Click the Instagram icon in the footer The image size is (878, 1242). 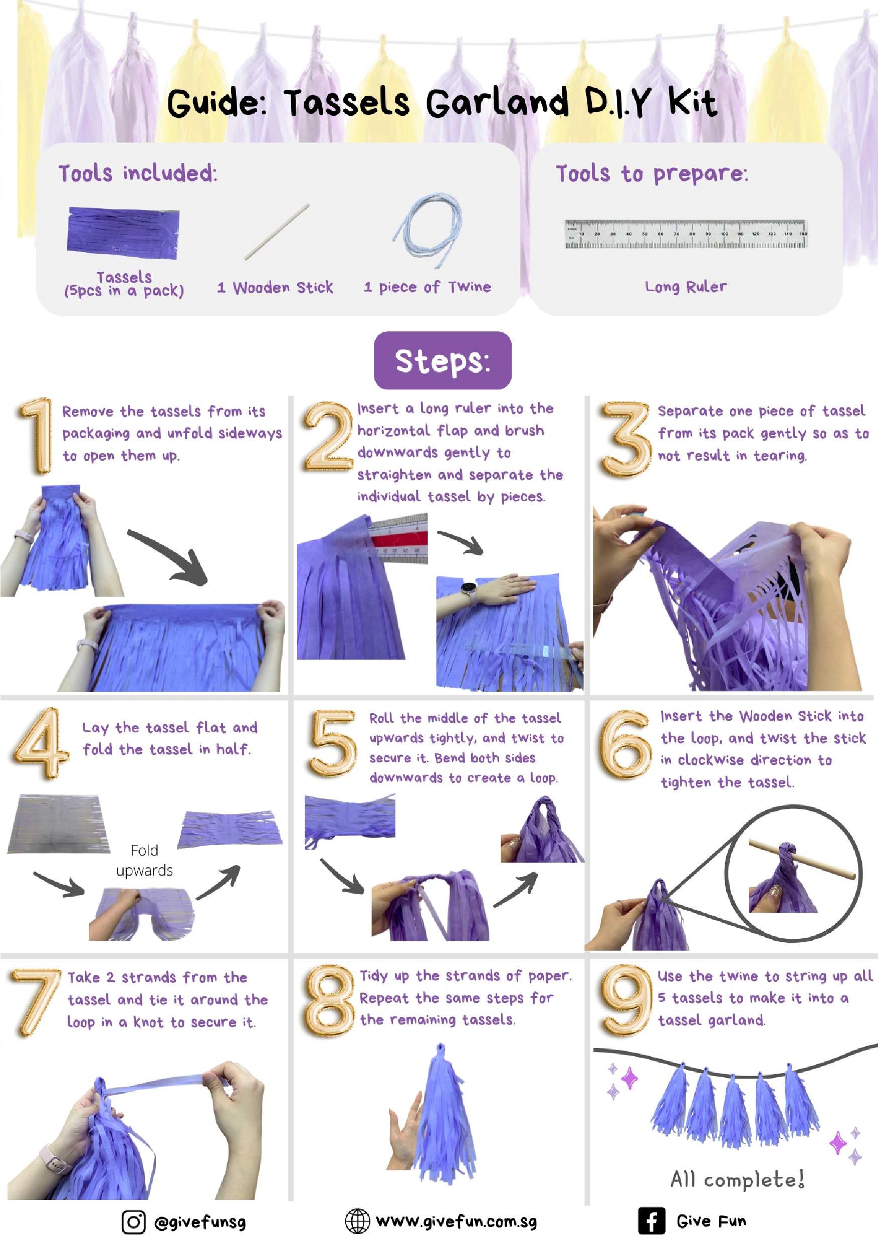(x=133, y=1221)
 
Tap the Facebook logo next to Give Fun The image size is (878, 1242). (x=651, y=1220)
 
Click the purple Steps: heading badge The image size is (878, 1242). (x=443, y=360)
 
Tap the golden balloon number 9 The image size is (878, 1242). (x=626, y=1000)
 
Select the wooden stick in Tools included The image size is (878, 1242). (x=277, y=232)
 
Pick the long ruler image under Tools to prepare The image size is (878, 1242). (x=686, y=234)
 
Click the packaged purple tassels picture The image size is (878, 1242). (x=123, y=230)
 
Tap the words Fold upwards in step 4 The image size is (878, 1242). (x=144, y=860)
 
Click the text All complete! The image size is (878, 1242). (x=737, y=1179)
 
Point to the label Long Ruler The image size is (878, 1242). (x=686, y=286)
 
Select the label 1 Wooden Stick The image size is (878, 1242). (x=275, y=287)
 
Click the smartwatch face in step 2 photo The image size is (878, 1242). (x=468, y=587)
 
